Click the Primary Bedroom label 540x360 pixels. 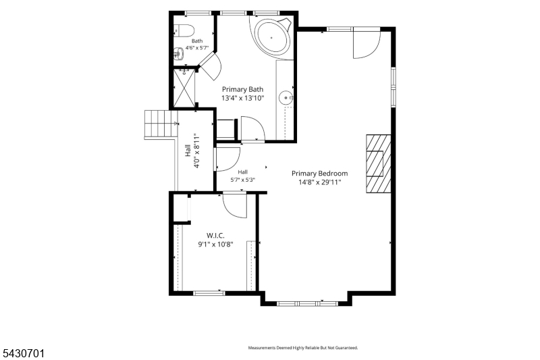(319, 174)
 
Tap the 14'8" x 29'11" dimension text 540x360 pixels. (319, 182)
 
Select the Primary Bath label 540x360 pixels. (242, 90)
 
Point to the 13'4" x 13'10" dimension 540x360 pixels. (242, 98)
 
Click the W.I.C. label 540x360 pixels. (215, 236)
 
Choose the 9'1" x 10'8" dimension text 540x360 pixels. (215, 245)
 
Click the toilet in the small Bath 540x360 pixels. (184, 30)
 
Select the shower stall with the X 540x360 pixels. (184, 88)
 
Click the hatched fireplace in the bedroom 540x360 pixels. (379, 163)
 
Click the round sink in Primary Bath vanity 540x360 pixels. (286, 98)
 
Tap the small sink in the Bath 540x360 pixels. (178, 53)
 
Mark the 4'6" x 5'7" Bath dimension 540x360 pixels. (197, 48)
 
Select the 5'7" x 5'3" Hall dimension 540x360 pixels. (243, 180)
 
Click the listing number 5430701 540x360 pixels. (24, 353)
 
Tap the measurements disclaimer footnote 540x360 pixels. (303, 348)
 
